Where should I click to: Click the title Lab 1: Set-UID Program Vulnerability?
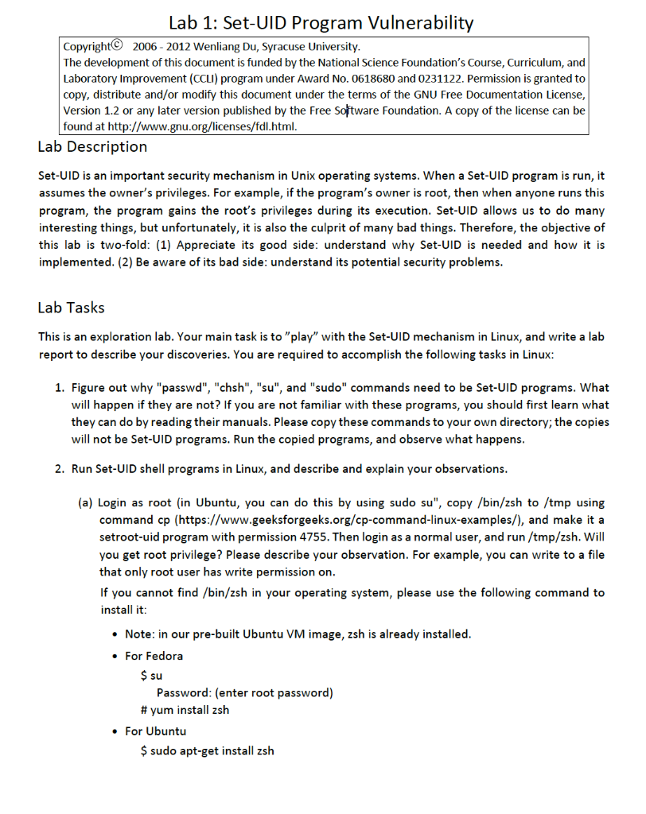(321, 22)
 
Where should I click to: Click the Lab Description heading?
(92, 147)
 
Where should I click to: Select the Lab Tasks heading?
(71, 308)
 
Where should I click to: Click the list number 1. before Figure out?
(60, 388)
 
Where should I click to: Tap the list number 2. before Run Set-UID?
(60, 468)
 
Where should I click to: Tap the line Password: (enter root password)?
(244, 692)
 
